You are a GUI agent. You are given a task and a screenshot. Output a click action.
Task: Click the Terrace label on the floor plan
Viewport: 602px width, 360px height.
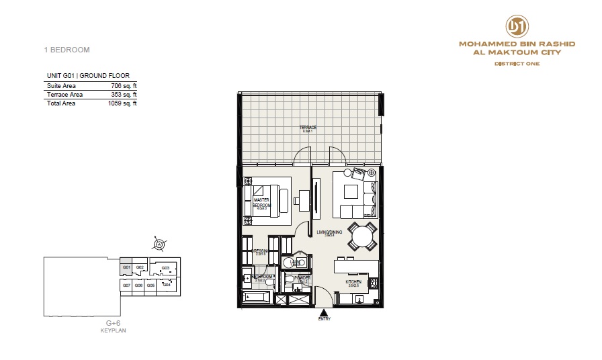pyautogui.click(x=309, y=127)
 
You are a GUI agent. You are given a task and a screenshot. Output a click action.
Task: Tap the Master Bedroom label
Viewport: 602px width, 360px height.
pyautogui.click(x=261, y=202)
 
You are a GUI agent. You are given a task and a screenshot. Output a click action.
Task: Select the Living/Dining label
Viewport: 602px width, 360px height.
pyautogui.click(x=329, y=232)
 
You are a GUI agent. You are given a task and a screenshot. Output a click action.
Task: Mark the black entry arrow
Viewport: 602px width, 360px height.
pyautogui.click(x=325, y=312)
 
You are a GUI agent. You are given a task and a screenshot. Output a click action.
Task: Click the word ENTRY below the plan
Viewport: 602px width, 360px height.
pyautogui.click(x=325, y=319)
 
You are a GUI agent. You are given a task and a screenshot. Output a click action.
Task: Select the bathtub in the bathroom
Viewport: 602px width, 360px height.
pyautogui.click(x=255, y=296)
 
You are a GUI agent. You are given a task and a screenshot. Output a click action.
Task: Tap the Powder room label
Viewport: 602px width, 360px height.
pyautogui.click(x=302, y=277)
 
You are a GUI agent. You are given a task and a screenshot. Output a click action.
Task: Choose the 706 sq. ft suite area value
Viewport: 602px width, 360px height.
pyautogui.click(x=124, y=86)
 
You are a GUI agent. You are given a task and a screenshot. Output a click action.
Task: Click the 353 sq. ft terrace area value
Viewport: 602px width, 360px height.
pyautogui.click(x=124, y=95)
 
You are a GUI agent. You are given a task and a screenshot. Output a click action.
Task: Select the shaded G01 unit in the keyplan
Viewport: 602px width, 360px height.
pyautogui.click(x=126, y=267)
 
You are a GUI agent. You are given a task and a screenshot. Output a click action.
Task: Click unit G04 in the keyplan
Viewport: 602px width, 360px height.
pyautogui.click(x=166, y=284)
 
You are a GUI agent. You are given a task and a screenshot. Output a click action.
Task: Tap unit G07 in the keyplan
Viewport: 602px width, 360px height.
pyautogui.click(x=126, y=285)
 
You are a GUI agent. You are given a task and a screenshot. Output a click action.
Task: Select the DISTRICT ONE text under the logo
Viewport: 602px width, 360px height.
pyautogui.click(x=517, y=64)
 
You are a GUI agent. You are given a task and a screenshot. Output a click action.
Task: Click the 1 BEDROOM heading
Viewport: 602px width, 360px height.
pyautogui.click(x=65, y=50)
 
